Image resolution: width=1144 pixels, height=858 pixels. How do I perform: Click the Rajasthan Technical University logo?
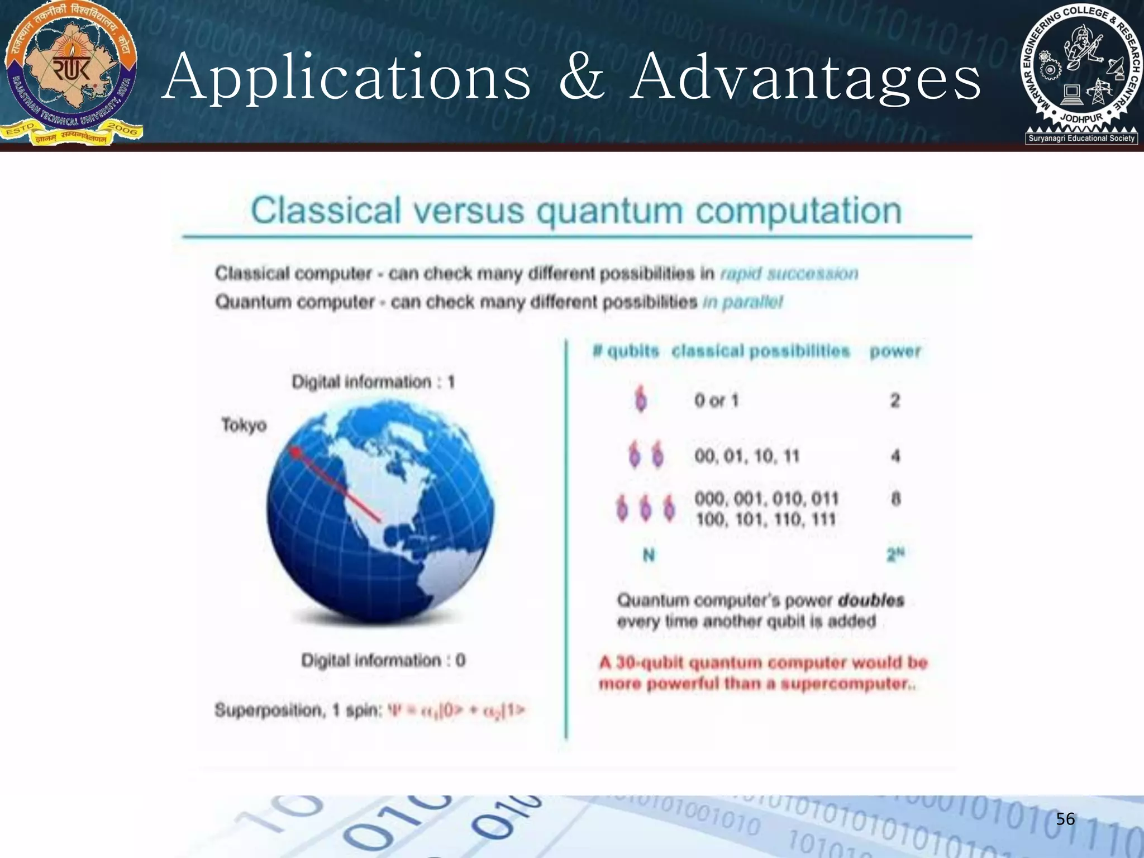click(x=71, y=73)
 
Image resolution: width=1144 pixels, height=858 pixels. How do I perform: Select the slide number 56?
click(x=1065, y=819)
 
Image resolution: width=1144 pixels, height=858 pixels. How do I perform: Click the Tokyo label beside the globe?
click(x=244, y=425)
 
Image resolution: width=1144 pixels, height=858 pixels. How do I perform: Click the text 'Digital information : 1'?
click(x=373, y=382)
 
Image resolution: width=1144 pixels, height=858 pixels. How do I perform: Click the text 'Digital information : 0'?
click(x=383, y=660)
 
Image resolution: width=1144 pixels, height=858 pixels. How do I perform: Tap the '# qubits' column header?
click(x=626, y=351)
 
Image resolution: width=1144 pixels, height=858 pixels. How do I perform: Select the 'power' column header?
click(x=895, y=351)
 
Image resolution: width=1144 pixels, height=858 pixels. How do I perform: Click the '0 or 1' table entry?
click(x=716, y=401)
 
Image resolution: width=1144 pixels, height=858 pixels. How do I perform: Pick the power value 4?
click(x=895, y=456)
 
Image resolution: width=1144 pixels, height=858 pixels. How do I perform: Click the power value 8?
click(x=895, y=498)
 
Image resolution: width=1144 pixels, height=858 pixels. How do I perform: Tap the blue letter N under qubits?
click(x=649, y=555)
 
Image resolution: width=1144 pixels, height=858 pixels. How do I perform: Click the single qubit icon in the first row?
click(x=641, y=399)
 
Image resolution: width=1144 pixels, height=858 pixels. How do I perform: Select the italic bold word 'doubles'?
click(x=871, y=600)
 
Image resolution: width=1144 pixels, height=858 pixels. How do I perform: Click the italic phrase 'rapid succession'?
click(x=789, y=274)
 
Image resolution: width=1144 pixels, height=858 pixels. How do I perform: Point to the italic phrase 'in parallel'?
click(x=743, y=302)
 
